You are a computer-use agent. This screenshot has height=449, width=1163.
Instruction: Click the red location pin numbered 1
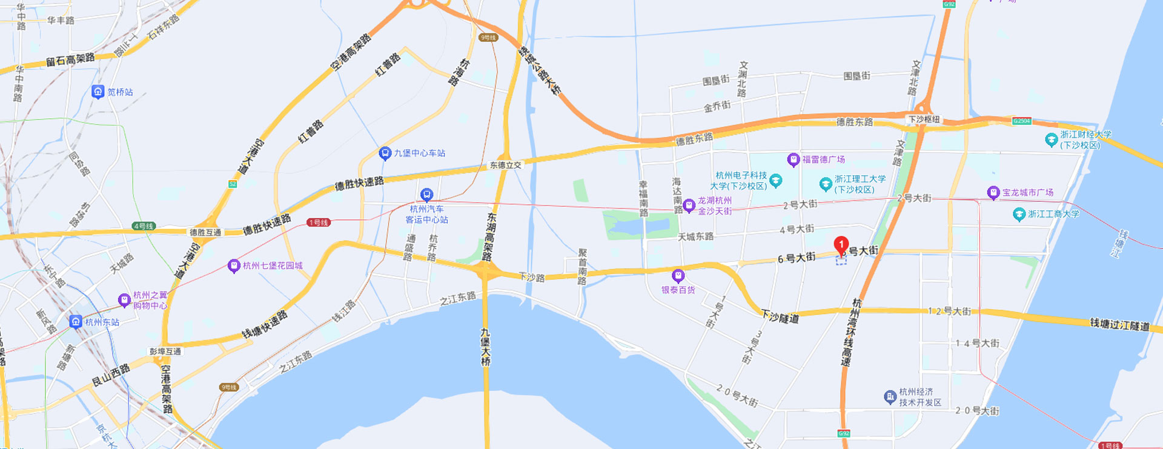point(841,245)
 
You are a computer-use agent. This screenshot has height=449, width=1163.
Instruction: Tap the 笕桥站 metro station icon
point(98,92)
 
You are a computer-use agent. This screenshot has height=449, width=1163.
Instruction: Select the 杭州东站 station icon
point(76,322)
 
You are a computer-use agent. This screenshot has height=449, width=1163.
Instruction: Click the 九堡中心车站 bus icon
point(385,153)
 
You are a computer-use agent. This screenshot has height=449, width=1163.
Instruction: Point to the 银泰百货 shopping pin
point(678,276)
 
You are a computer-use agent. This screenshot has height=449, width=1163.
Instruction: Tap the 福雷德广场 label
point(823,159)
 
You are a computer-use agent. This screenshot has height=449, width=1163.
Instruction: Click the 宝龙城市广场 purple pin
point(993,193)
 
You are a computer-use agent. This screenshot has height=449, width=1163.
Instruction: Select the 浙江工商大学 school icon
point(1019,214)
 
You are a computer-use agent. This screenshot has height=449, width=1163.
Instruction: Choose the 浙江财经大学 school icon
point(1052,140)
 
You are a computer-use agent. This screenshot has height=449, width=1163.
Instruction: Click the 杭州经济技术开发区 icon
point(890,397)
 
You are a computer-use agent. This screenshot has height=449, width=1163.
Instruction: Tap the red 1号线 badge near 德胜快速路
point(318,222)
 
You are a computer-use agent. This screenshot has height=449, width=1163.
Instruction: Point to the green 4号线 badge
point(144,226)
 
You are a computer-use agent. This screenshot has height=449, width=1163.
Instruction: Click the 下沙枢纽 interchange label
point(924,119)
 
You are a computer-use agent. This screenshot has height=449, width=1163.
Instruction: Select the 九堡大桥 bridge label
point(485,347)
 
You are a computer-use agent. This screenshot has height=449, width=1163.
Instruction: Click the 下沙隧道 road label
point(780,316)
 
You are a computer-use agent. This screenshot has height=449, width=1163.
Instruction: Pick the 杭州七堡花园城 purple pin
point(234,266)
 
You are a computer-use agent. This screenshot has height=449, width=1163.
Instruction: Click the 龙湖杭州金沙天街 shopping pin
point(689,206)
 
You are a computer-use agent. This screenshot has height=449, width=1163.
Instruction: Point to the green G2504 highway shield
point(1021,121)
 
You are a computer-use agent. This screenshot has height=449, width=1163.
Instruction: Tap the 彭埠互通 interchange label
point(165,351)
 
